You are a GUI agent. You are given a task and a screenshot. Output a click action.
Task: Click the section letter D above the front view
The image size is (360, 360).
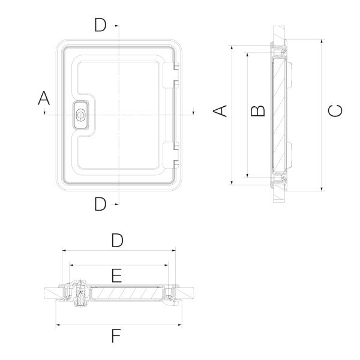(100, 25)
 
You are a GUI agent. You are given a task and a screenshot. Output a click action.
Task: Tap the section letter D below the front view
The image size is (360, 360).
(100, 204)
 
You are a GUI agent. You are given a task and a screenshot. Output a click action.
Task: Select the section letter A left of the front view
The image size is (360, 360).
(44, 98)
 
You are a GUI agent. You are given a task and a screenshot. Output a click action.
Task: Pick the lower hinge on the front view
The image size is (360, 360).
(172, 152)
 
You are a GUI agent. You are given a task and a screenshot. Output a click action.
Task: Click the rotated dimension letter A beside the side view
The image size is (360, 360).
(221, 111)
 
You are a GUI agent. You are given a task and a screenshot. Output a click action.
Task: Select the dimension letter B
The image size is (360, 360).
(257, 111)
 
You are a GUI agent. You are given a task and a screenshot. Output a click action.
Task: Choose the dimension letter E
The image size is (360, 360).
(117, 275)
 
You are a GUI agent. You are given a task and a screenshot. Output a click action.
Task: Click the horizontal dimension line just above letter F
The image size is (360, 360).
(117, 325)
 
